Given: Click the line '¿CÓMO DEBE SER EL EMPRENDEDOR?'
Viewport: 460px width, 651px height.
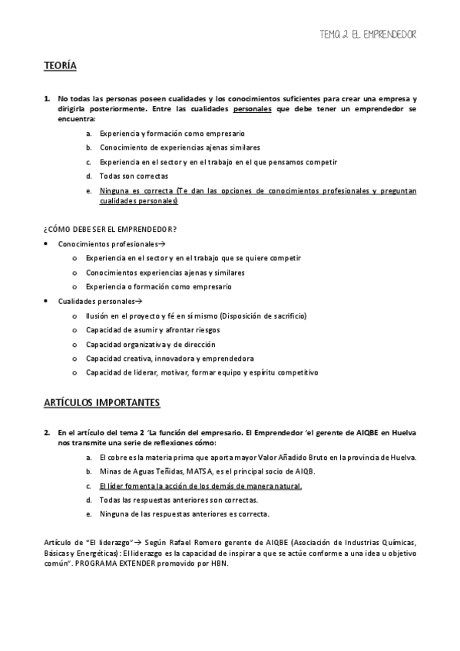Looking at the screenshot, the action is (111, 229).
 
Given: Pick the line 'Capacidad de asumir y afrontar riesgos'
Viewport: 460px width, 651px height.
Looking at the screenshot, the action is (154, 329).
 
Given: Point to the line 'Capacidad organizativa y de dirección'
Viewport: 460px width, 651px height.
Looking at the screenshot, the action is (151, 344).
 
